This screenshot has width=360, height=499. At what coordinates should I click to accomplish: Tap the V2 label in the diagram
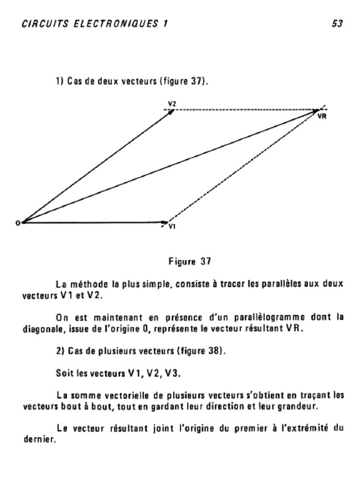pos(172,104)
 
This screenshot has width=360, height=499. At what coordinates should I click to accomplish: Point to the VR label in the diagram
pos(322,116)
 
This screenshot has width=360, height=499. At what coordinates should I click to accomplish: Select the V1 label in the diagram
pos(171,227)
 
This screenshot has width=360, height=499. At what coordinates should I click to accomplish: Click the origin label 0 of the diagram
pos(18,223)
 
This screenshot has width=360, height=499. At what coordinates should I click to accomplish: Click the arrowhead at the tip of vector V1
pos(165,223)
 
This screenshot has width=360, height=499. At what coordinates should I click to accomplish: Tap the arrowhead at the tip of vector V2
pos(171,112)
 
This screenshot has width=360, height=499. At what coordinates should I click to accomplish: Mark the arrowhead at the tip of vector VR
pos(317,112)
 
